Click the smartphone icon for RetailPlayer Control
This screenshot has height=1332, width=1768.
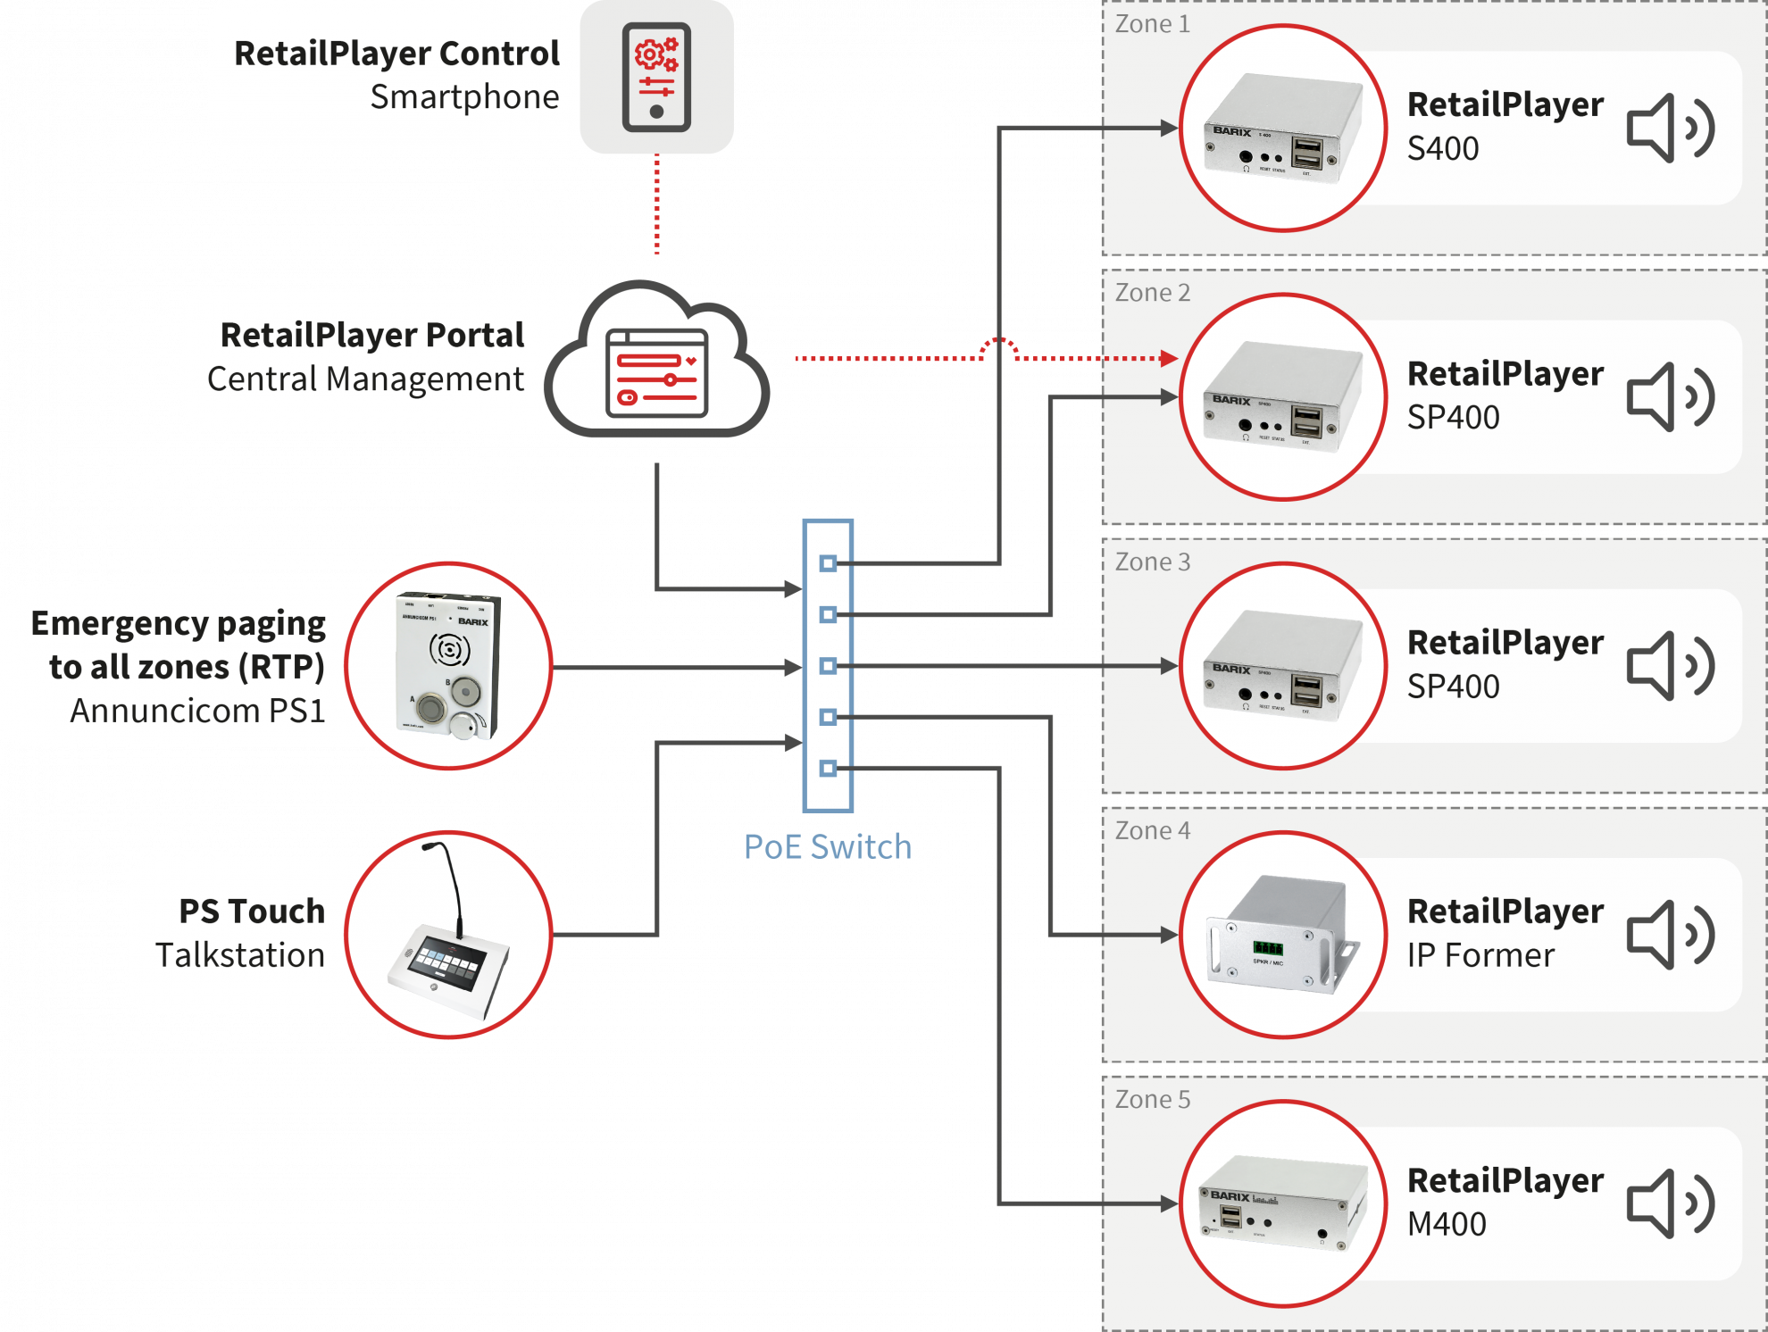coord(656,78)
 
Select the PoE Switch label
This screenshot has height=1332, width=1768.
coord(828,847)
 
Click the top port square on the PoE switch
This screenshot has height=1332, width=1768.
coord(828,563)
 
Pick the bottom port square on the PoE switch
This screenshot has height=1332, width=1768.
coord(828,769)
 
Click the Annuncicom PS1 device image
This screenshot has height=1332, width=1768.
coord(449,666)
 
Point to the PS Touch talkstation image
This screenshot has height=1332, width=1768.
coord(449,935)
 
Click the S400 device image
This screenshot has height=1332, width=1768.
coord(1283,129)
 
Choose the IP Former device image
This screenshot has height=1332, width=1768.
coord(1283,935)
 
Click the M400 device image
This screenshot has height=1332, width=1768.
coord(1283,1203)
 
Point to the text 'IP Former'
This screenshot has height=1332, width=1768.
coord(1480,956)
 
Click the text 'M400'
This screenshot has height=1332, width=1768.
coord(1447,1225)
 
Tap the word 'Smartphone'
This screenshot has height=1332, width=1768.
coord(464,97)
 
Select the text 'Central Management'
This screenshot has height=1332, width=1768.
coord(365,379)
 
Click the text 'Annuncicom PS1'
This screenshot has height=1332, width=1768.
coord(197,712)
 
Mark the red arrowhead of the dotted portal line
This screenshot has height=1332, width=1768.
coord(1169,359)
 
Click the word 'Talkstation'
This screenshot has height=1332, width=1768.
coord(240,956)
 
